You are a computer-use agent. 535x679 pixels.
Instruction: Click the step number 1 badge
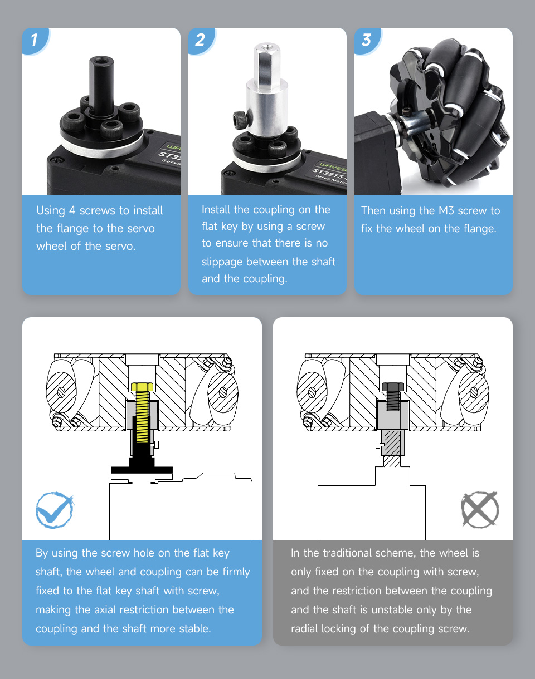point(35,41)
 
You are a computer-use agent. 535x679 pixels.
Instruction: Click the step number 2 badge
point(201,41)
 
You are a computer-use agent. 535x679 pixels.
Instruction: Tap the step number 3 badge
point(367,41)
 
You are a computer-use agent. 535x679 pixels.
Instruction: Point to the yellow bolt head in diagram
point(142,387)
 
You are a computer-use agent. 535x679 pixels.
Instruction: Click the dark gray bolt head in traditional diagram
point(393,387)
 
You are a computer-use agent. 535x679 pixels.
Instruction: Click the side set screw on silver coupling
point(240,120)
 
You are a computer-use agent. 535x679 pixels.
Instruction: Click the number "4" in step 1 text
point(72,210)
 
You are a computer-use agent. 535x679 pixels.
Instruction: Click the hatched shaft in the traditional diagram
point(392,449)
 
